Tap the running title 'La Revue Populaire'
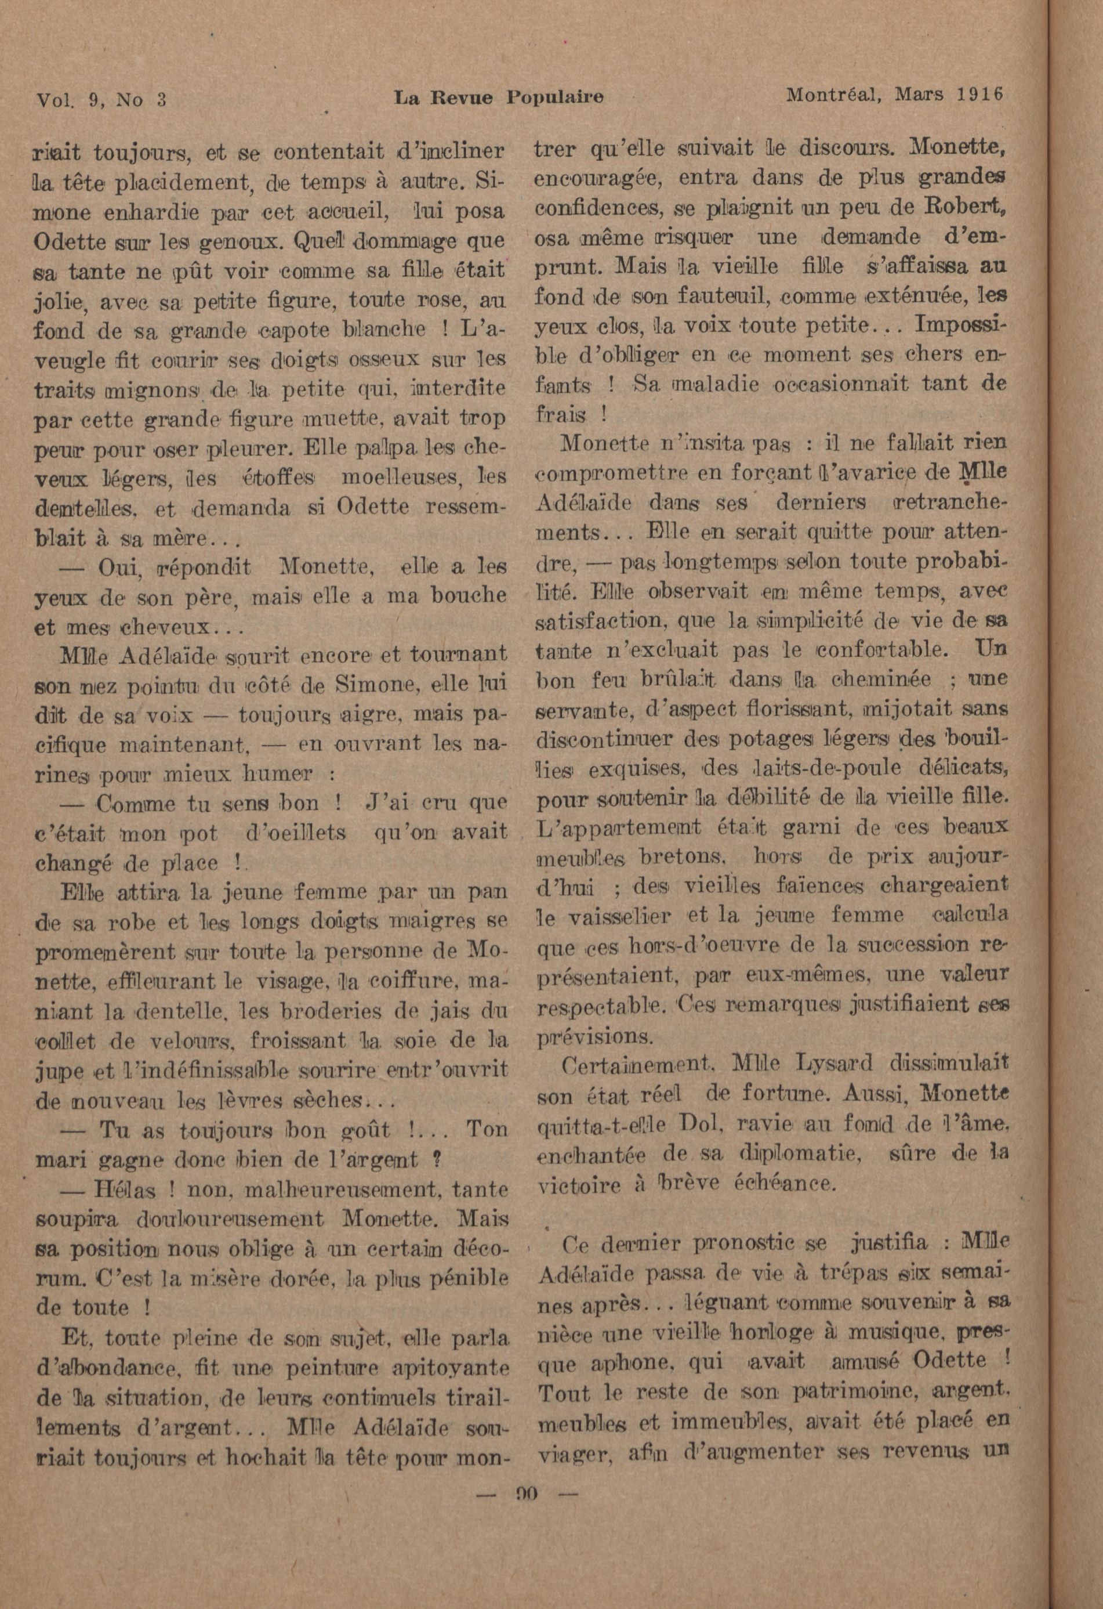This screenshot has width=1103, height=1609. pos(498,97)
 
